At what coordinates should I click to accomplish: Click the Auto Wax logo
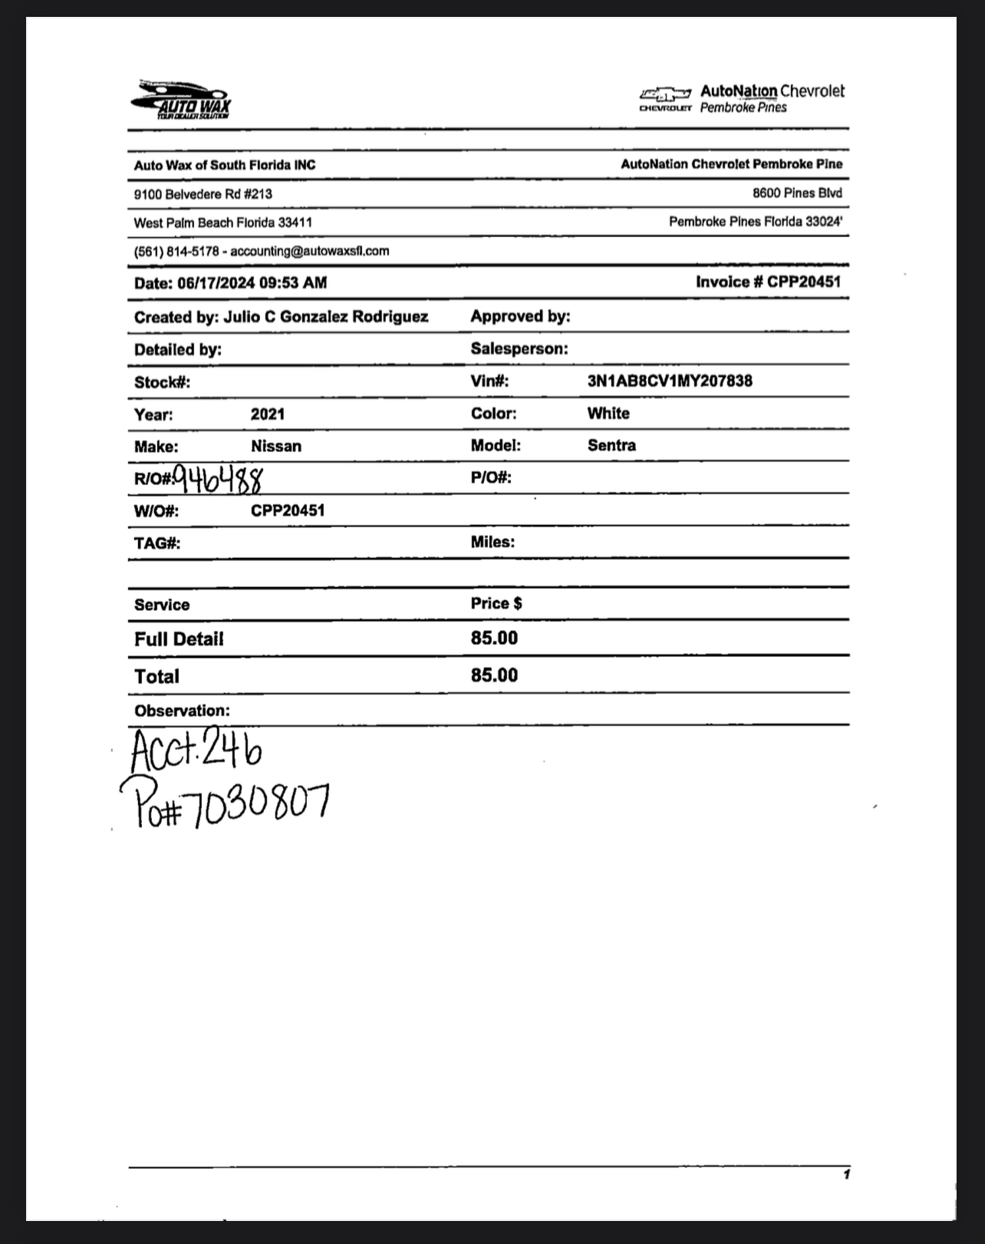pos(182,100)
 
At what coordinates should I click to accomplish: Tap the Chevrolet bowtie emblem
pos(664,94)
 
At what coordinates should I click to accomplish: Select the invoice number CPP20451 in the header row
pos(803,282)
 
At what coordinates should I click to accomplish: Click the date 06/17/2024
pos(216,283)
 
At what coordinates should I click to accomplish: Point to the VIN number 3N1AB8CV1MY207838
pos(670,381)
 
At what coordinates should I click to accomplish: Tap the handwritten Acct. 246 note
pos(196,750)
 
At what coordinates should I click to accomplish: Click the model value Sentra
pos(611,445)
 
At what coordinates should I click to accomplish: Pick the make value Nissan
pos(276,446)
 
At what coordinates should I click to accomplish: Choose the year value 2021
pos(268,414)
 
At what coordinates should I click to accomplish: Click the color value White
pos(608,413)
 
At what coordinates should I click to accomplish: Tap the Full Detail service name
pos(179,638)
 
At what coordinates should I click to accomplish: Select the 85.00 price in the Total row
pos(494,675)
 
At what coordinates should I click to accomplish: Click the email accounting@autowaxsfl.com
pos(310,251)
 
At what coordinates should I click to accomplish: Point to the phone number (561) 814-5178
pos(176,251)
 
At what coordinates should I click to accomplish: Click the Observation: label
pos(182,711)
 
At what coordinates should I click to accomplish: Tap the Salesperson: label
pos(519,348)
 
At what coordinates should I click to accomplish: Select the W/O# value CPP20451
pos(288,510)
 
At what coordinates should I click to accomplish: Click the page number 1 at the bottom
pos(846,1174)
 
